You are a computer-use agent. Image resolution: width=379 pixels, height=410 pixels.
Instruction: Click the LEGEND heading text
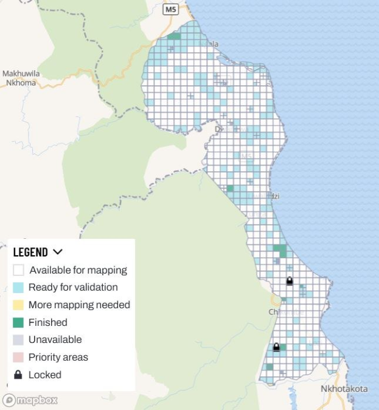pyautogui.click(x=30, y=252)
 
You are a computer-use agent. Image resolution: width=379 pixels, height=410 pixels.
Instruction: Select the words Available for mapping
pyautogui.click(x=78, y=270)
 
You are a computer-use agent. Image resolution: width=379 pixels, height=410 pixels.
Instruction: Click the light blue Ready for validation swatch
pyautogui.click(x=18, y=288)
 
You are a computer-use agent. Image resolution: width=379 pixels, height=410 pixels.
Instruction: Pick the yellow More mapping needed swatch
pyautogui.click(x=18, y=305)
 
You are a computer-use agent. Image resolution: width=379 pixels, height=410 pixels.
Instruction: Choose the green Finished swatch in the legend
pyautogui.click(x=18, y=322)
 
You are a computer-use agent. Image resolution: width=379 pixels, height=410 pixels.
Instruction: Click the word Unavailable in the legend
pyautogui.click(x=55, y=340)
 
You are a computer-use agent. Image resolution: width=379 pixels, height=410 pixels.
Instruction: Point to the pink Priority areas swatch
pyautogui.click(x=18, y=357)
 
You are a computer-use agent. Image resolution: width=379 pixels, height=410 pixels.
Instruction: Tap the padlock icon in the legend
pyautogui.click(x=18, y=375)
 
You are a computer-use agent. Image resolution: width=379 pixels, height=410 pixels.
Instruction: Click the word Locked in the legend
pyautogui.click(x=45, y=375)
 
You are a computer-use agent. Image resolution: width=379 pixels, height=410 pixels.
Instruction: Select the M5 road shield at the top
pyautogui.click(x=171, y=9)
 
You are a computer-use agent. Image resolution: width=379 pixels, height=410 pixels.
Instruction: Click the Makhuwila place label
pyautogui.click(x=21, y=74)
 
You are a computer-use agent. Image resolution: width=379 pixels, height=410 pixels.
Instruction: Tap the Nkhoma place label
pyautogui.click(x=21, y=82)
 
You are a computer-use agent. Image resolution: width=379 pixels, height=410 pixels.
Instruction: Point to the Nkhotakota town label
pyautogui.click(x=344, y=389)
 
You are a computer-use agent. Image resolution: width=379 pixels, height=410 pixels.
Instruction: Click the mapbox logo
pyautogui.click(x=30, y=400)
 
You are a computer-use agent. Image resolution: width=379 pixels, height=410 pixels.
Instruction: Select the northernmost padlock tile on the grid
pyautogui.click(x=290, y=281)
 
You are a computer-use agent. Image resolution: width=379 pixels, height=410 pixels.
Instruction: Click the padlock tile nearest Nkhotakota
pyautogui.click(x=276, y=347)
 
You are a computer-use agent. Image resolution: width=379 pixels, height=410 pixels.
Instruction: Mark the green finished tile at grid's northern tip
pyautogui.click(x=174, y=37)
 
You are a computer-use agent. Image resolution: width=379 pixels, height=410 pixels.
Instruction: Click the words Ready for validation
pyautogui.click(x=73, y=288)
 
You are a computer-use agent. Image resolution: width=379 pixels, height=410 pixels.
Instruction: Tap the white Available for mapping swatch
pyautogui.click(x=18, y=270)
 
